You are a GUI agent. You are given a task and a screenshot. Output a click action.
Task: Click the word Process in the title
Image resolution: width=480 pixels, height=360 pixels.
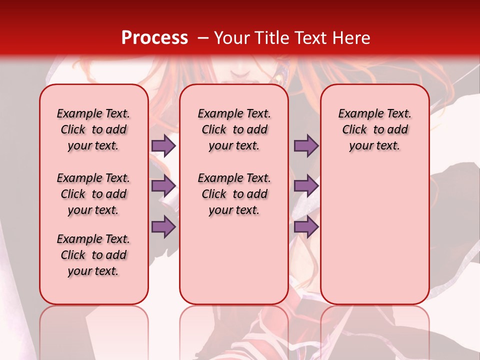pos(154,37)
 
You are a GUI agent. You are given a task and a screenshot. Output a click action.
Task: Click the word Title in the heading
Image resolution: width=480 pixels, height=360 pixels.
pos(269,38)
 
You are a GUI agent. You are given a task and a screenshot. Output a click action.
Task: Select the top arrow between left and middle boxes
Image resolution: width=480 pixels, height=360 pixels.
pos(163,146)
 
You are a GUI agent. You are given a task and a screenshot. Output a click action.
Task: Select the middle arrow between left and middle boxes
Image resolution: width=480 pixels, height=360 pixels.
pos(163,186)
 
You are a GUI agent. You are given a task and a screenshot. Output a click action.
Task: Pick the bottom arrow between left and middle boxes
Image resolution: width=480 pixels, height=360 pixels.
pos(163,227)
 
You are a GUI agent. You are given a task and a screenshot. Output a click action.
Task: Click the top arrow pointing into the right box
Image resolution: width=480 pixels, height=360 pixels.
pos(306,146)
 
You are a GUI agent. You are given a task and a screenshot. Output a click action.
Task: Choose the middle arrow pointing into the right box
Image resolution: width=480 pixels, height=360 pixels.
pos(306,186)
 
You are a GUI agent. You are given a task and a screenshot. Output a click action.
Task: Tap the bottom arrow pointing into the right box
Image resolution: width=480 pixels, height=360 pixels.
pos(306,227)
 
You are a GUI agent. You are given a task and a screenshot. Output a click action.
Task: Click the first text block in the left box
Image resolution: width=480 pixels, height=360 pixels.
pos(93,129)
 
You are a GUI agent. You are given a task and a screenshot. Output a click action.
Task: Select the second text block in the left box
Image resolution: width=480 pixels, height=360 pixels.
pos(93,194)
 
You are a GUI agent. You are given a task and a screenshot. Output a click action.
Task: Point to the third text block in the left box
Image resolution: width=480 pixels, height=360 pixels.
pos(93,255)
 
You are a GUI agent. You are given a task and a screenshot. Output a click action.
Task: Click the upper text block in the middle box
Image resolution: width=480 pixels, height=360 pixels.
pos(234,129)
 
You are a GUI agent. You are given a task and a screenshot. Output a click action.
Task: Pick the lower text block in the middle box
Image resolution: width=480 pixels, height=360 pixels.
pos(234,194)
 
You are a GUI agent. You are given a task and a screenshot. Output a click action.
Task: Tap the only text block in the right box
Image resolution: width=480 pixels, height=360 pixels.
pos(374,129)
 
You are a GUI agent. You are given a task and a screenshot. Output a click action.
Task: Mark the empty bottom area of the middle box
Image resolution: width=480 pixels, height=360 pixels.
pos(234,265)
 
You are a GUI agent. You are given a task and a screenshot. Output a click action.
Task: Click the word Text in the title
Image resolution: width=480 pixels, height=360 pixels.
pos(309,38)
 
